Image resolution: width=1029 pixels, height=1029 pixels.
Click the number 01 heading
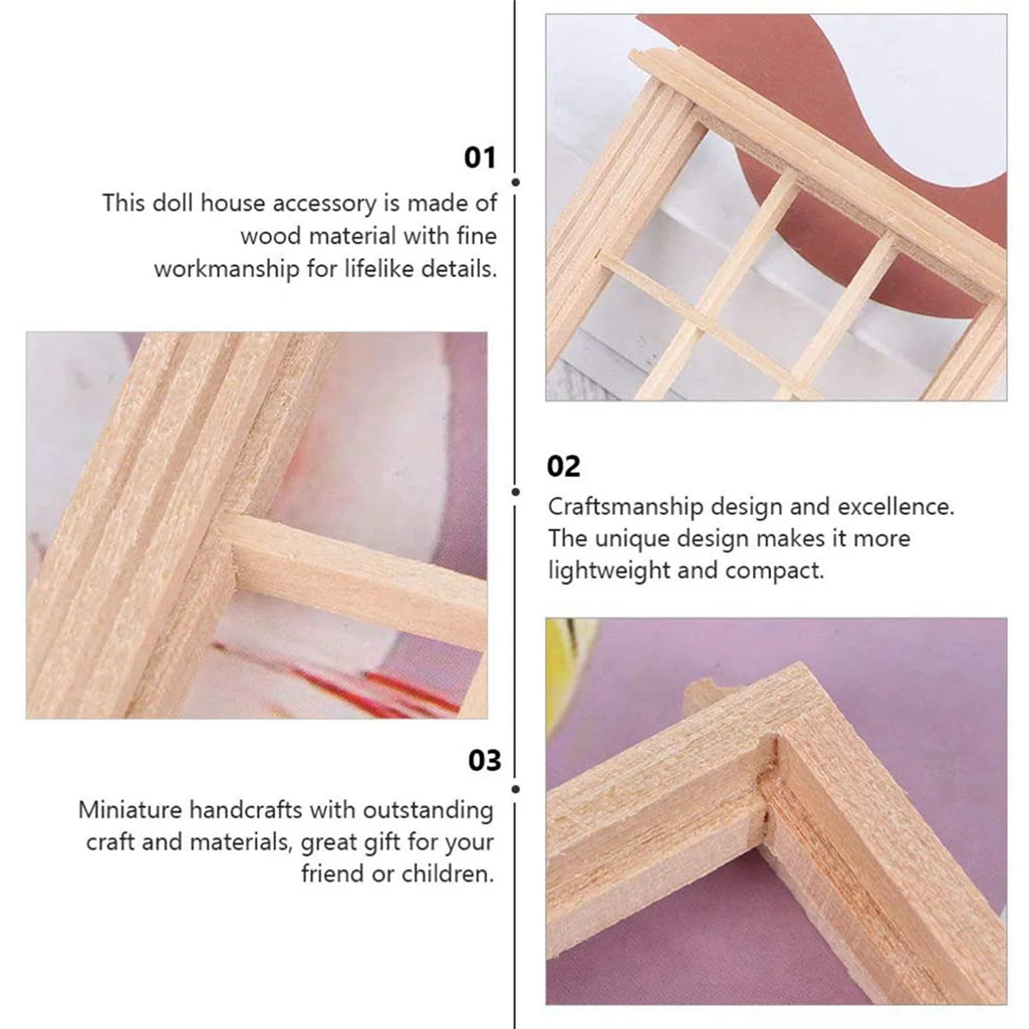coord(479,158)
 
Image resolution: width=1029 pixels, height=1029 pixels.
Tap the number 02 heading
coord(563,466)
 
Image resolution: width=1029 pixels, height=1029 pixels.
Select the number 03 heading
coord(484,761)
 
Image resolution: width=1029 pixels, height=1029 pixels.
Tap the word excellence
coord(895,507)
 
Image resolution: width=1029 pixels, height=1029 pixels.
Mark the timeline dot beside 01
coord(515,182)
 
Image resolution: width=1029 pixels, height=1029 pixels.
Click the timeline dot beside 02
coord(515,491)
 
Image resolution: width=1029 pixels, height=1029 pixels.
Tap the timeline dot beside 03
coord(515,789)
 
